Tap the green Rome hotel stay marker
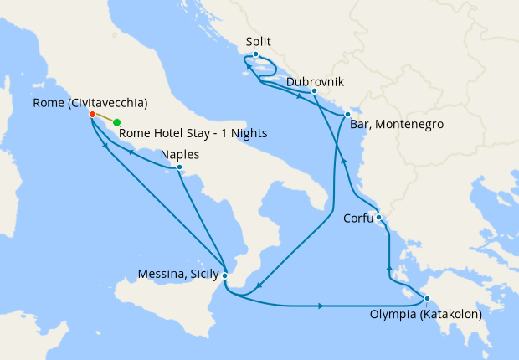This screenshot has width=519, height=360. (x=116, y=122)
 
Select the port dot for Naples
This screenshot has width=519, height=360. (x=179, y=167)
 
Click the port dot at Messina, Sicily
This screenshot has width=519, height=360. (x=224, y=273)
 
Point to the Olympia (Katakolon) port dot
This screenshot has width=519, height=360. (x=426, y=299)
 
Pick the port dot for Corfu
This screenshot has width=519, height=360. (x=379, y=218)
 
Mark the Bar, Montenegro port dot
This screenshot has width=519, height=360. (x=347, y=114)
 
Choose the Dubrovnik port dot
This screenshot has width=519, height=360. (x=313, y=91)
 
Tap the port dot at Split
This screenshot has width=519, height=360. (x=255, y=54)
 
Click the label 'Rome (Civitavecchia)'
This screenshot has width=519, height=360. (x=90, y=103)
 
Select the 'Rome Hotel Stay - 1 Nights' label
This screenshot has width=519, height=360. (x=193, y=132)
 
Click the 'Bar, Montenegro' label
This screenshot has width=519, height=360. (x=397, y=124)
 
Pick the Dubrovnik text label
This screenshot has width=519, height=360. (x=314, y=82)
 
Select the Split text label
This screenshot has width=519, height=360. (x=259, y=41)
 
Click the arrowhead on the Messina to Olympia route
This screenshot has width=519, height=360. (x=321, y=306)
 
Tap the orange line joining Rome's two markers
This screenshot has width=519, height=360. (x=104, y=119)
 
